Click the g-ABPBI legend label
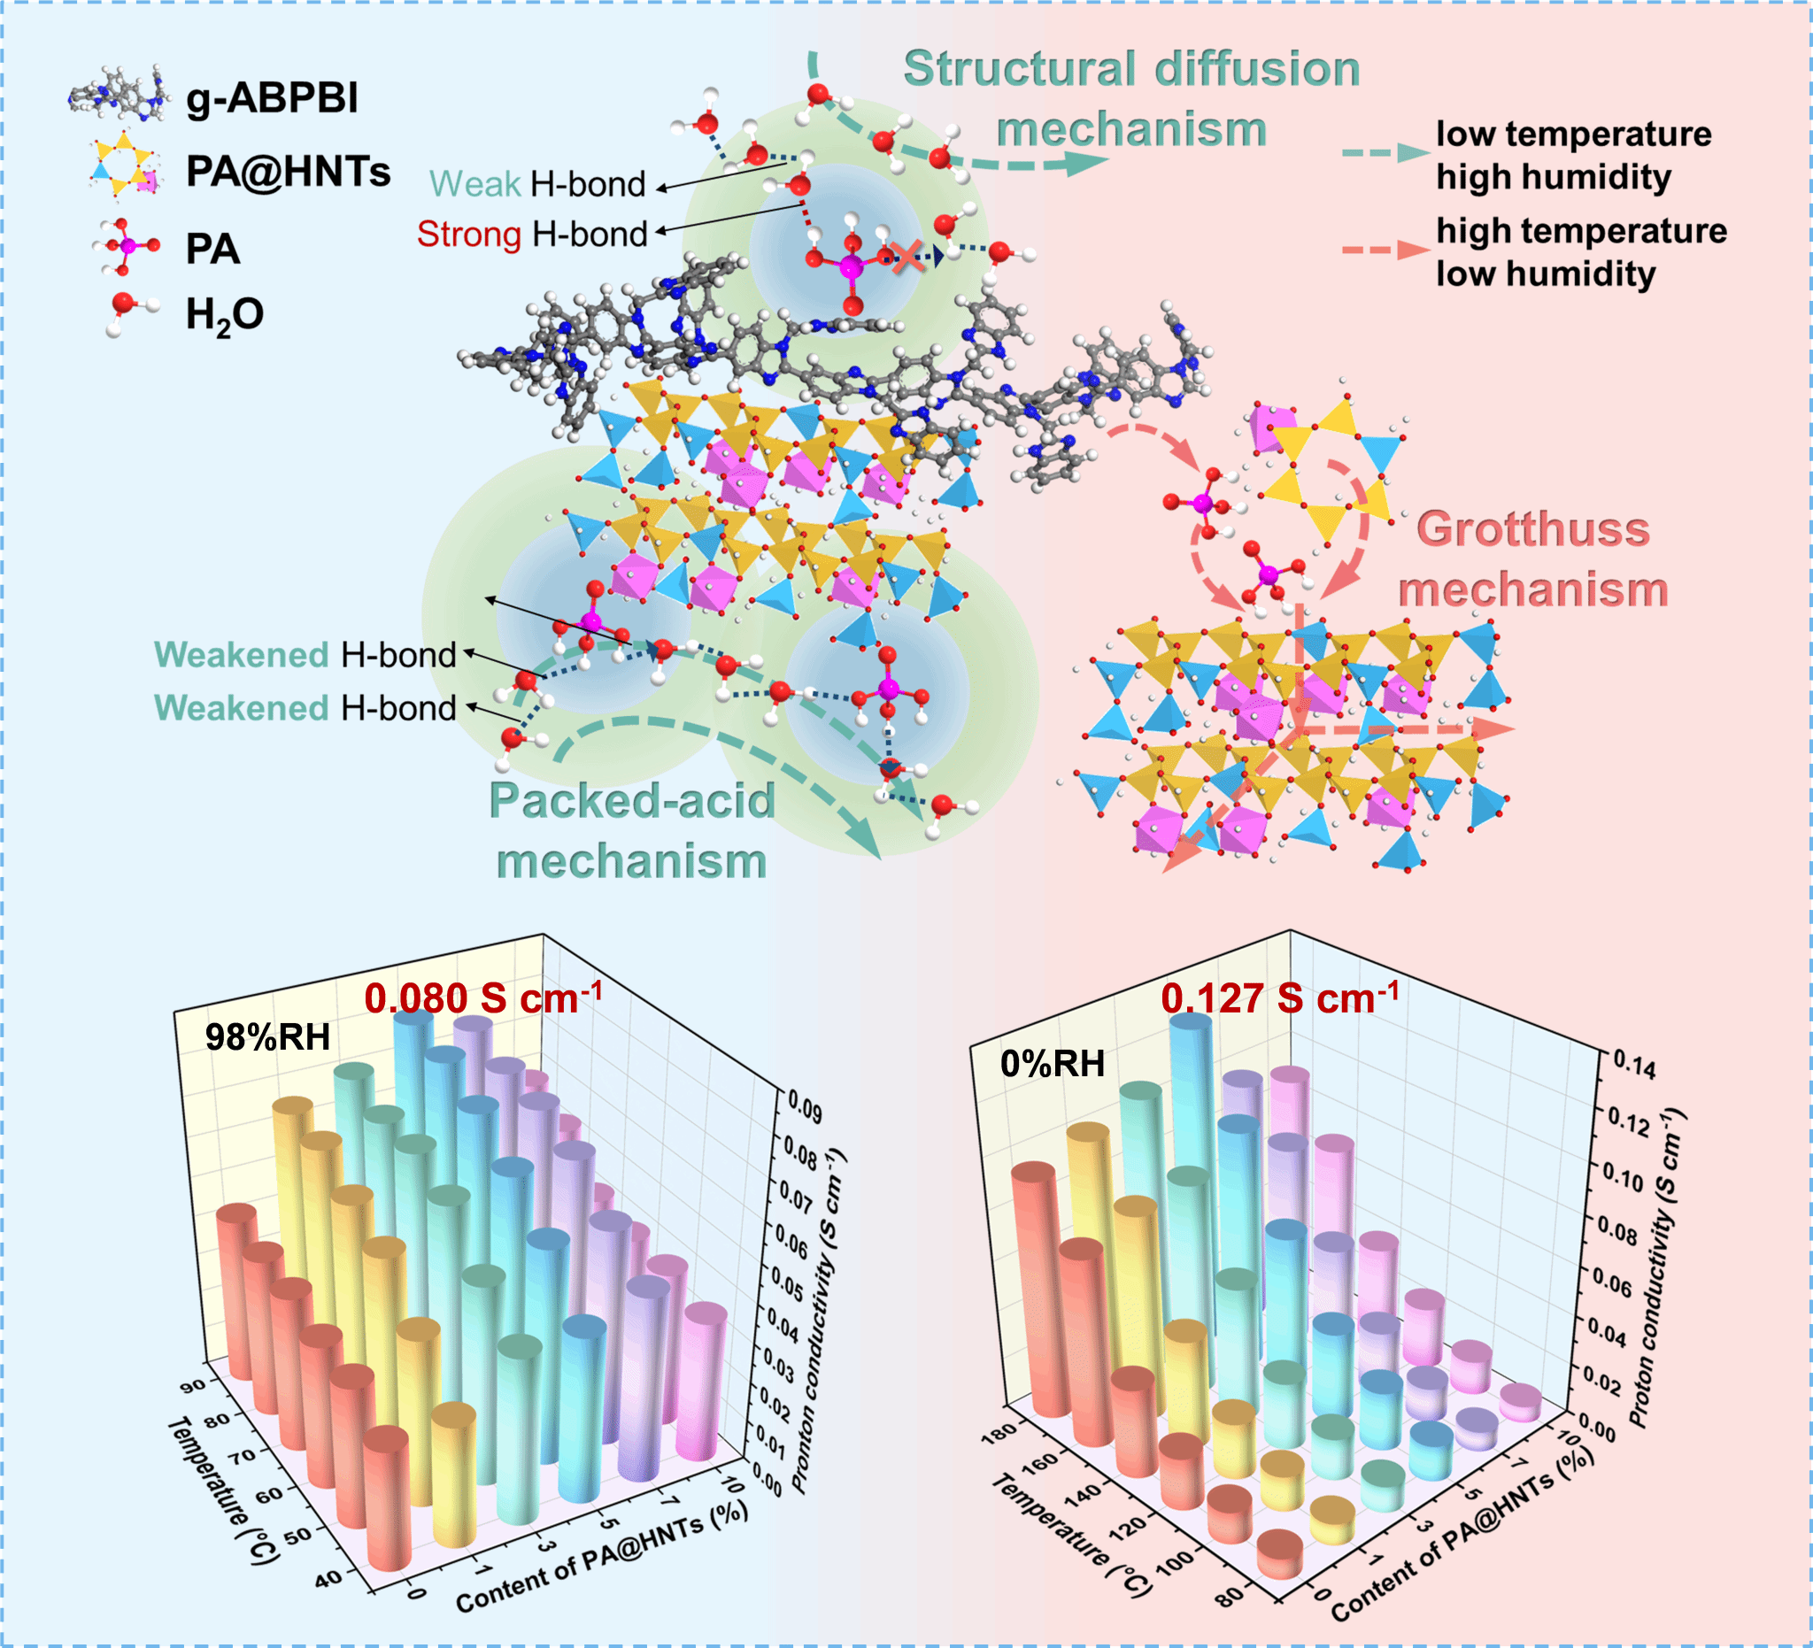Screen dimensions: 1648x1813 pos(272,97)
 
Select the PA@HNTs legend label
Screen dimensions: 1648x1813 pos(288,171)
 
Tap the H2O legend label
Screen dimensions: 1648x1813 pos(224,316)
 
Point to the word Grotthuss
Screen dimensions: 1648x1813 pos(1532,528)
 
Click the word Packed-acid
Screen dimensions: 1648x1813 pos(631,800)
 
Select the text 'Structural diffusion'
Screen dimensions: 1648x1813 pos(1130,69)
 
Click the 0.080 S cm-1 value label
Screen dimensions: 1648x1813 pos(483,998)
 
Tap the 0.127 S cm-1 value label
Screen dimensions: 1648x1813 pos(1279,998)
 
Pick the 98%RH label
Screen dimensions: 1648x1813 pos(267,1037)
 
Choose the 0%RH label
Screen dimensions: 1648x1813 pos(1053,1064)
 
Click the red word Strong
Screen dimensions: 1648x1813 pos(468,234)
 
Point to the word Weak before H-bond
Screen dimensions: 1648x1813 pos(474,184)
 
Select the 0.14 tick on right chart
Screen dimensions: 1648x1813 pos(1634,1065)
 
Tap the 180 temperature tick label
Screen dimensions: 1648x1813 pos(999,1432)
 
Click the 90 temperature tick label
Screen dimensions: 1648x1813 pos(192,1385)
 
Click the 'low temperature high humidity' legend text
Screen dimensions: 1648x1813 pos(1573,155)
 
